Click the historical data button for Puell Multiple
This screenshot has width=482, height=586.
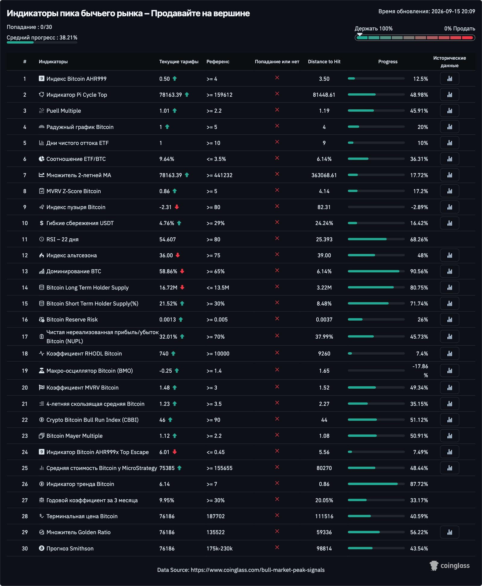click(449, 111)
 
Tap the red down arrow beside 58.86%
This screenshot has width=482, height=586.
click(182, 271)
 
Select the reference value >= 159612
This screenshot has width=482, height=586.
click(219, 95)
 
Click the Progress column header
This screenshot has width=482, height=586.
click(388, 61)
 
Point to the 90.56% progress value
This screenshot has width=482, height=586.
click(419, 271)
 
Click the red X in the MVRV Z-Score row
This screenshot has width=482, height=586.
click(277, 190)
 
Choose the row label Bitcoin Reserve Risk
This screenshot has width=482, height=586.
click(72, 319)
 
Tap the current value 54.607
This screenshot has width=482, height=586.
click(167, 239)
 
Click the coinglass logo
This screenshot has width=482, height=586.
click(449, 566)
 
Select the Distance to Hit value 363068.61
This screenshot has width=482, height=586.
click(324, 175)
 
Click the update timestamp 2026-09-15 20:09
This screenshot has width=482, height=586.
click(453, 11)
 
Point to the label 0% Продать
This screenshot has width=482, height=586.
click(460, 29)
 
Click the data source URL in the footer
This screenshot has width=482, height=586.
click(258, 570)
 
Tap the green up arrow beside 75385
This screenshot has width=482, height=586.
click(180, 468)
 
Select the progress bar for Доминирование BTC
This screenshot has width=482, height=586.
click(376, 271)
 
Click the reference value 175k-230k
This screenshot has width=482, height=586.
click(219, 548)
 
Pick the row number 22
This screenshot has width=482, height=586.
click(25, 420)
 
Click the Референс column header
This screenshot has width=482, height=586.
click(218, 61)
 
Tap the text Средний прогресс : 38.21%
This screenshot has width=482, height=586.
click(42, 38)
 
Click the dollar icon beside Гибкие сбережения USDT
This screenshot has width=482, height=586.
click(42, 223)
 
